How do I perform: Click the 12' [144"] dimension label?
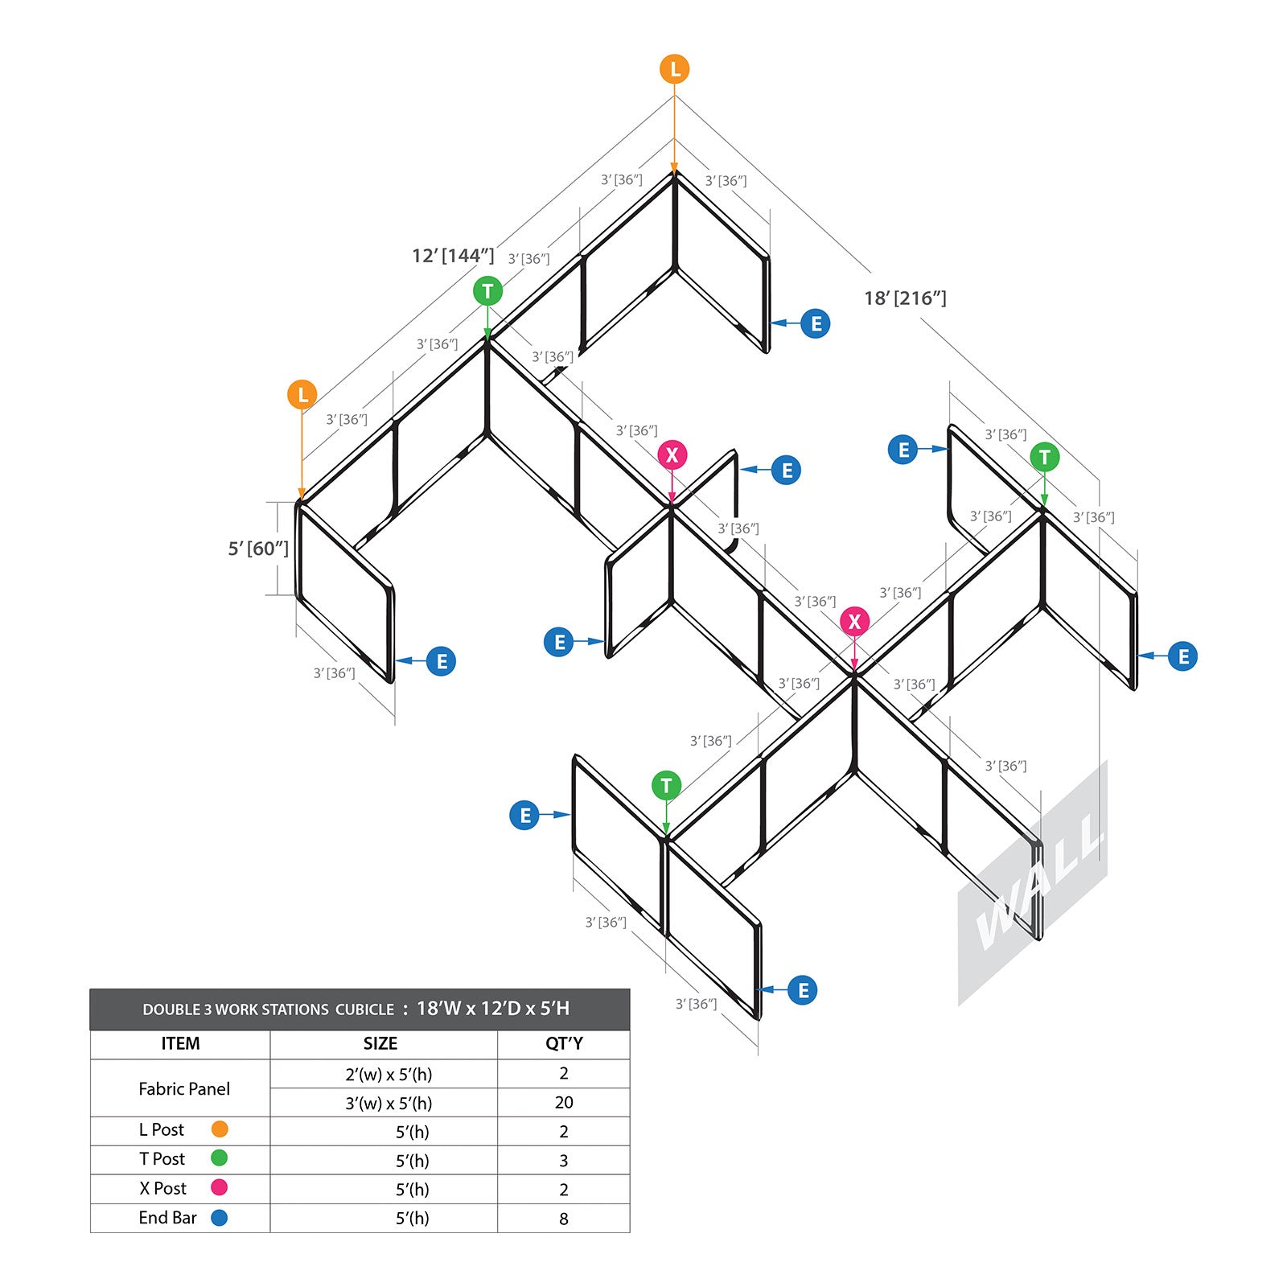click(x=453, y=256)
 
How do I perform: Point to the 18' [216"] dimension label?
click(x=905, y=298)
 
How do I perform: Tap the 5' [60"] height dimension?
click(x=258, y=549)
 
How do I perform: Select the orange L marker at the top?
click(x=675, y=69)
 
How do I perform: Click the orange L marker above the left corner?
click(x=302, y=394)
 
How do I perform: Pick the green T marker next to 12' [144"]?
click(x=487, y=291)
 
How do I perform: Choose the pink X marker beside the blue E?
click(x=672, y=455)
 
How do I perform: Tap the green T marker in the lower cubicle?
click(x=666, y=785)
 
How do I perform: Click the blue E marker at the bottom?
click(x=803, y=990)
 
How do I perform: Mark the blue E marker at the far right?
click(x=1183, y=656)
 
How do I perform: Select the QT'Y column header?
click(x=564, y=1043)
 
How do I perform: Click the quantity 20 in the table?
click(x=564, y=1103)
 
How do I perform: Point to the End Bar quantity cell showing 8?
click(x=564, y=1219)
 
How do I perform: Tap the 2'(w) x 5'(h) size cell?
click(x=389, y=1074)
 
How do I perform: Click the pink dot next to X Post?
click(x=219, y=1187)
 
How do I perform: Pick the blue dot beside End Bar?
click(x=219, y=1218)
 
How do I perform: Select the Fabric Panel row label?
click(x=184, y=1089)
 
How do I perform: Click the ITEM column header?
click(x=180, y=1043)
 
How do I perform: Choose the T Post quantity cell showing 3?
click(x=564, y=1161)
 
